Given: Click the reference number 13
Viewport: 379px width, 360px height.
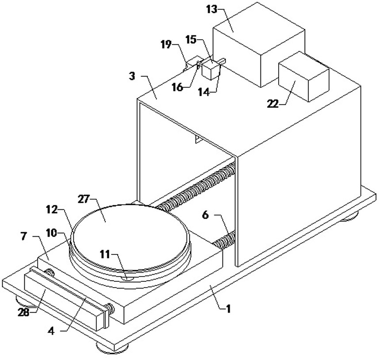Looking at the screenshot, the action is pos(212,10).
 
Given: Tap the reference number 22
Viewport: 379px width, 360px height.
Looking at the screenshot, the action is pos(273,104).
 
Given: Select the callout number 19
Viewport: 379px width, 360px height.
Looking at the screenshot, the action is pos(166,45).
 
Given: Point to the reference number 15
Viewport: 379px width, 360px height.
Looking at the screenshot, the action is pos(191,40).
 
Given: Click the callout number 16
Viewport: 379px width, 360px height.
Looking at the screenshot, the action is pos(177,87).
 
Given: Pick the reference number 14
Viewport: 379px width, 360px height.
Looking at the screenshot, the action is pos(203,92).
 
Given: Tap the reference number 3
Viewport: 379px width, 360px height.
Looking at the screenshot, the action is pos(132,76).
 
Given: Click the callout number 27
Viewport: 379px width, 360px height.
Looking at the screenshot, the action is pos(84,200).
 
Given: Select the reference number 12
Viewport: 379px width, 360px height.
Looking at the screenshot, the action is pos(52,209).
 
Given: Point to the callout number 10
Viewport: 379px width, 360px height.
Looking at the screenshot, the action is pos(51,233).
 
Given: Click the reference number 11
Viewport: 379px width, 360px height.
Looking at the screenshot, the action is pos(105,254).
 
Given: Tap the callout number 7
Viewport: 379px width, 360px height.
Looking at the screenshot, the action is pos(23,236).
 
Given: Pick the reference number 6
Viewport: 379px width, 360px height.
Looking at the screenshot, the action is pos(205,215).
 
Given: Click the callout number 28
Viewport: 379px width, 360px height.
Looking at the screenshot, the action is pos(23,312).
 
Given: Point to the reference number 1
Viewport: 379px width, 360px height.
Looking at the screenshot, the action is pos(228,309).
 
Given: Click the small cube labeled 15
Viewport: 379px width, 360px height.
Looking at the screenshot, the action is pos(211,70).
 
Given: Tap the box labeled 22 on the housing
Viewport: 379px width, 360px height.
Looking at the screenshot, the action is pos(303,76).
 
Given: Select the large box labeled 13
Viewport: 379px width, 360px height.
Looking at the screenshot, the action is pos(259,45).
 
